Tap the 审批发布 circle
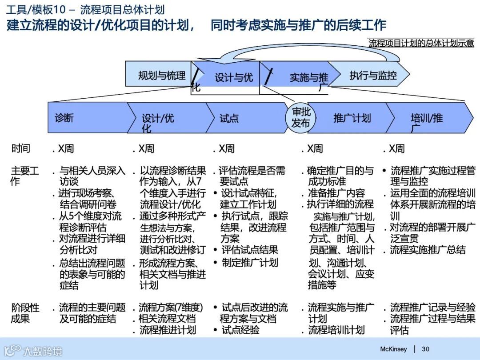pyautogui.click(x=300, y=118)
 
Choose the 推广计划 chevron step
pyautogui.click(x=351, y=118)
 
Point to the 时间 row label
pyautogui.click(x=21, y=148)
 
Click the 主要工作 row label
pyautogui.click(x=24, y=176)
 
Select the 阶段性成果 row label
pyautogui.click(x=25, y=313)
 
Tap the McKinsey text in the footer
pyautogui.click(x=393, y=349)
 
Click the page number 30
pyautogui.click(x=425, y=349)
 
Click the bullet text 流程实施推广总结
pyautogui.click(x=428, y=250)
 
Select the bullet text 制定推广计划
pyautogui.click(x=250, y=262)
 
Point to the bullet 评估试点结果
pyautogui.click(x=250, y=250)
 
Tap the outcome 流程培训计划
pyautogui.click(x=336, y=330)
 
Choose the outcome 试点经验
pyautogui.click(x=240, y=330)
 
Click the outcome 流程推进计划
pyautogui.click(x=168, y=330)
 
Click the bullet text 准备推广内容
pyautogui.click(x=336, y=193)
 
